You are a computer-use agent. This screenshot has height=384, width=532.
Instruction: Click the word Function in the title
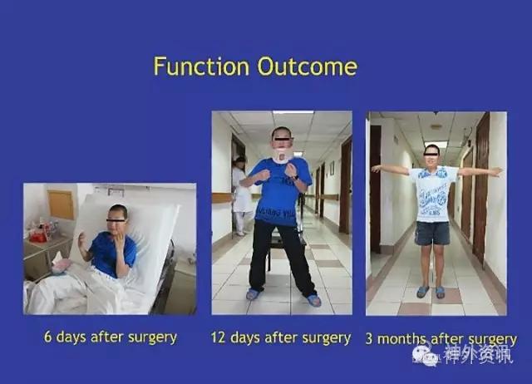[x=201, y=66]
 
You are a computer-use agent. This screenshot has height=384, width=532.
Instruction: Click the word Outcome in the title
[x=308, y=66]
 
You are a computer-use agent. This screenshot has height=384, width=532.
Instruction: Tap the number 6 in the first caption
[x=48, y=337]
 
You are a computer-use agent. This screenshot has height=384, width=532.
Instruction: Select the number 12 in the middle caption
[x=218, y=337]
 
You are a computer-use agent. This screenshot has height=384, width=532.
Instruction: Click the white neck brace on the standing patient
[x=283, y=157]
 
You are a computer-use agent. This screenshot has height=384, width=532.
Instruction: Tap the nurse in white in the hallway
[x=242, y=195]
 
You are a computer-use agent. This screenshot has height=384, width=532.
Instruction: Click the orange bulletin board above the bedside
[x=61, y=204]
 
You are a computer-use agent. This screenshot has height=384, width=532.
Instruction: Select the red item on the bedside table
[x=38, y=235]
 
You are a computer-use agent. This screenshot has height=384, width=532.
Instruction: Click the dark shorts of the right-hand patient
[x=432, y=233]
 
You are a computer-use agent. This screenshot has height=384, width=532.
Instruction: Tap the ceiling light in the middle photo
[x=293, y=112]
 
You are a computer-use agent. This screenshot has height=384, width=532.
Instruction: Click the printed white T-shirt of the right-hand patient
[x=433, y=194]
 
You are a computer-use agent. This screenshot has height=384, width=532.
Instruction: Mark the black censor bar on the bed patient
[x=116, y=221]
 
